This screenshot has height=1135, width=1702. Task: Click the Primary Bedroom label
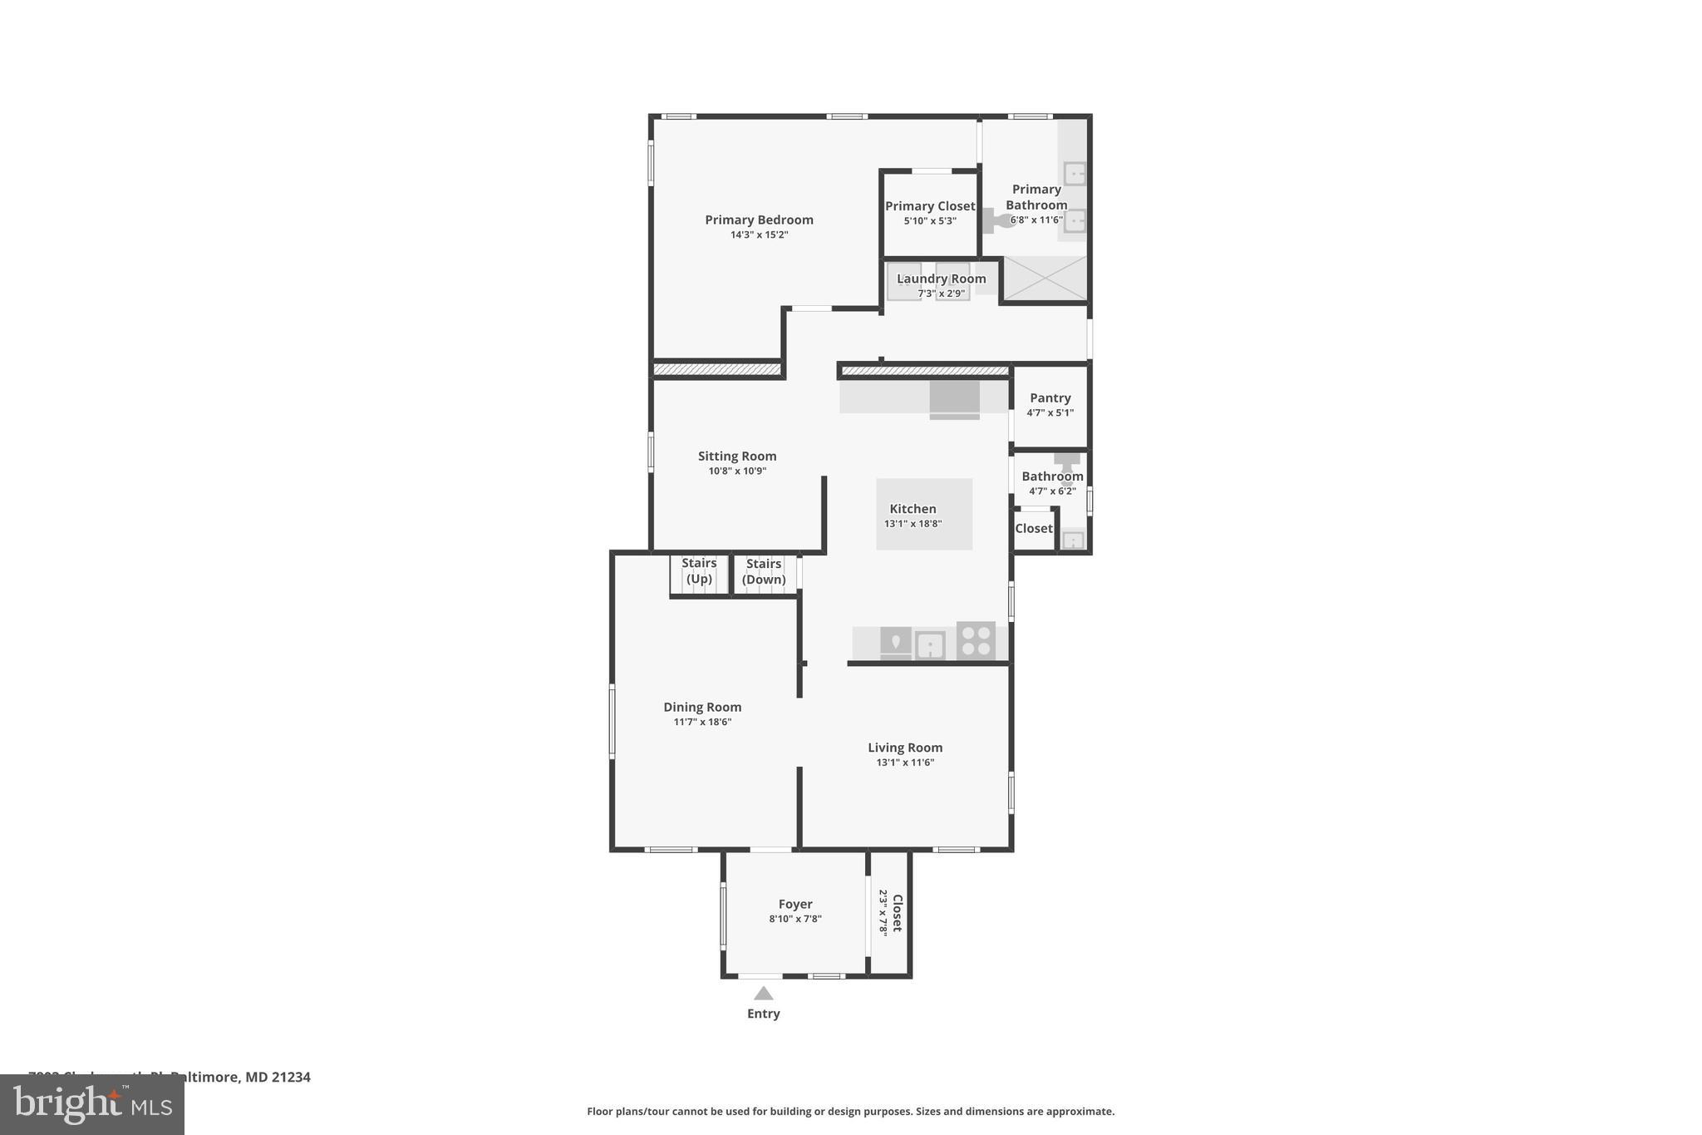coord(759,220)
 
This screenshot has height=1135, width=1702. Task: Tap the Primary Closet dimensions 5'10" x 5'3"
coord(930,221)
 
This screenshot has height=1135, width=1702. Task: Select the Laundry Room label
coord(941,279)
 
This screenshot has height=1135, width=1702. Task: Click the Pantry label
coord(1050,397)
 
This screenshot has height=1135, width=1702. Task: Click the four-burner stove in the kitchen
coord(976,641)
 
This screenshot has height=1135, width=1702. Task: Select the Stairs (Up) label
coord(699,570)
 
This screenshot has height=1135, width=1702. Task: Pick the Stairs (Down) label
coord(763,571)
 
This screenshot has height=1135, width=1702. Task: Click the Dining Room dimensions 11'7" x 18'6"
coord(702,722)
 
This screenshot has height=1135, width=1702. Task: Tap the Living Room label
coord(905,748)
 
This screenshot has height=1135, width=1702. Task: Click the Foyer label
coord(795,904)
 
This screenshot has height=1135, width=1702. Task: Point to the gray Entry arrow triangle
coord(763,994)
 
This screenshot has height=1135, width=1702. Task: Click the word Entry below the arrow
coord(763,1014)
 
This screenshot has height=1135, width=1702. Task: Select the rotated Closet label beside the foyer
coord(897,913)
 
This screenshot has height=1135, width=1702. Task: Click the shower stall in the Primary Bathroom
coord(1045,279)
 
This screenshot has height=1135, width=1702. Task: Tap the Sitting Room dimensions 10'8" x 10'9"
coord(737,471)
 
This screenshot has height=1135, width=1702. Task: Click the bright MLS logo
coord(91,1105)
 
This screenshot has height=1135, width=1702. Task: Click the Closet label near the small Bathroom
coord(1033,529)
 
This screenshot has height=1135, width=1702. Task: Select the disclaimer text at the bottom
coord(850,1111)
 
